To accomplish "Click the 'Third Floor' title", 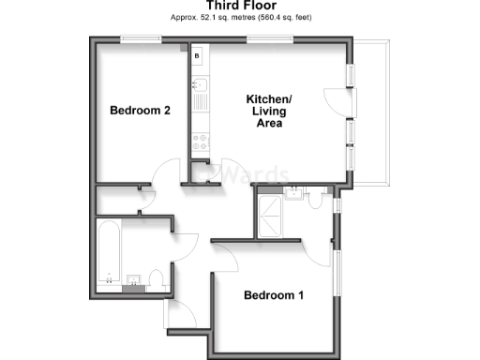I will coord(241,7).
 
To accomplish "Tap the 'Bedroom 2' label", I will coord(140,111).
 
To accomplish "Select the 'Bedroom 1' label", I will coord(274,296).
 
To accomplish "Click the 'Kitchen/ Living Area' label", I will coord(269,111).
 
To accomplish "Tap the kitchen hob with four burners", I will coord(200,142).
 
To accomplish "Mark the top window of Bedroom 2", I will coord(140,39).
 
